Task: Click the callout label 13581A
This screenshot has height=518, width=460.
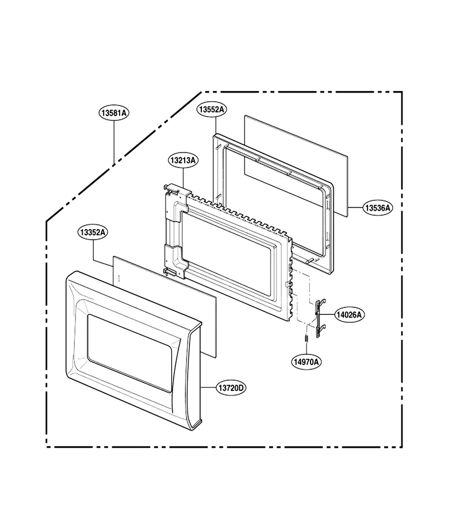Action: coord(114,113)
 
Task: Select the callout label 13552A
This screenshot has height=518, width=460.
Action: coord(212,109)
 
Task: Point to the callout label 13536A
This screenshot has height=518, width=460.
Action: coord(378,208)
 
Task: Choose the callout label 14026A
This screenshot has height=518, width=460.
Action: coord(350,314)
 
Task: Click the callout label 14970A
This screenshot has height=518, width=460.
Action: coord(306,362)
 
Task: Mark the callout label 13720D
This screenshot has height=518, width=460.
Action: coord(231,387)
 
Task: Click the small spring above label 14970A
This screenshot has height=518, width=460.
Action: coord(306,339)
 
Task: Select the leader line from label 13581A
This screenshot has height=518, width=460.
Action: coord(114,142)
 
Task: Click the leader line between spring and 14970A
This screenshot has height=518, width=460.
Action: coord(306,349)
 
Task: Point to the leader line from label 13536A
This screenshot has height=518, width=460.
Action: coord(355,208)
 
